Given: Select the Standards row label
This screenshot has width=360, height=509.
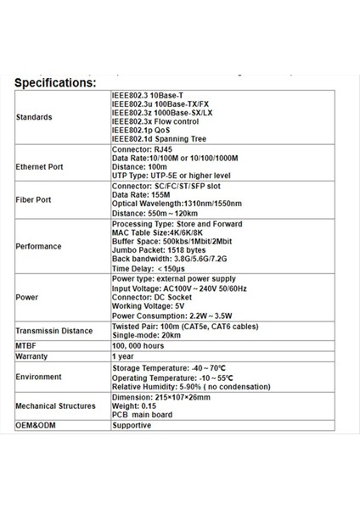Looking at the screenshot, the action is tap(35, 117).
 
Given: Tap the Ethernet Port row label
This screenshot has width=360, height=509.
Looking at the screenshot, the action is tap(40, 167).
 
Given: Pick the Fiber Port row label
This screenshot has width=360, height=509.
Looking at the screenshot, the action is tap(34, 201).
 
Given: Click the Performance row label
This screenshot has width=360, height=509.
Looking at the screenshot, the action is tap(39, 246).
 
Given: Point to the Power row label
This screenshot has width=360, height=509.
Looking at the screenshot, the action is tap(27, 298).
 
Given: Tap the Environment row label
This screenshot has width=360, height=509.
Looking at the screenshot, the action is tap(39, 377).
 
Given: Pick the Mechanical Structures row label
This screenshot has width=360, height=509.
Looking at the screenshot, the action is tap(56, 406).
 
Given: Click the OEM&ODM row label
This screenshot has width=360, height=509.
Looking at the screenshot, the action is tap(36, 425).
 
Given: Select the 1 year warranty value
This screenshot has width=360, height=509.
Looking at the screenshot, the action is tap(124, 357).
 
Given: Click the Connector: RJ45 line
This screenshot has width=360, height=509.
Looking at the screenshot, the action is tap(142, 148).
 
